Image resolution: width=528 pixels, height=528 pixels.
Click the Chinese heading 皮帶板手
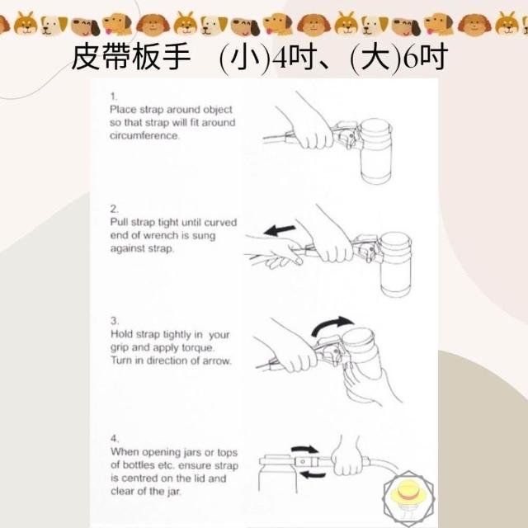131,57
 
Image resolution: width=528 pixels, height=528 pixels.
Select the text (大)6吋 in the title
399,58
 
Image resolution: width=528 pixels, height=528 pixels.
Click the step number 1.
114,97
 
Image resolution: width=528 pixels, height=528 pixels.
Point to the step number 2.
115,209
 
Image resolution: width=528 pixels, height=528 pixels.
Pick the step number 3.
115,321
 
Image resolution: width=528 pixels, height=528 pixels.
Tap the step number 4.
115,438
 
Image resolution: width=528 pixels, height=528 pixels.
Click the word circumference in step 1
144,135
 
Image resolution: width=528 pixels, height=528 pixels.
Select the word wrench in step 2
160,235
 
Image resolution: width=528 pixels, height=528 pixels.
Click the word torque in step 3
198,348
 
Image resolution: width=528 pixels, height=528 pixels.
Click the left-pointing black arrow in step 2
280,230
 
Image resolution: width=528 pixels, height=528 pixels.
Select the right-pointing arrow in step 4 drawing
304,449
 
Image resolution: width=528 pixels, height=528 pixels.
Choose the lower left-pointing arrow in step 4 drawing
313,475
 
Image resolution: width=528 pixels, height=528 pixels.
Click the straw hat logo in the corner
409,498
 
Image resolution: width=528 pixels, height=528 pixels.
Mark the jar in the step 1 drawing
375,151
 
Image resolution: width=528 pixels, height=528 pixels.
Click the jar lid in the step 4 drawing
278,459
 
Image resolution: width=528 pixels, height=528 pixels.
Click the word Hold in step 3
121,334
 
